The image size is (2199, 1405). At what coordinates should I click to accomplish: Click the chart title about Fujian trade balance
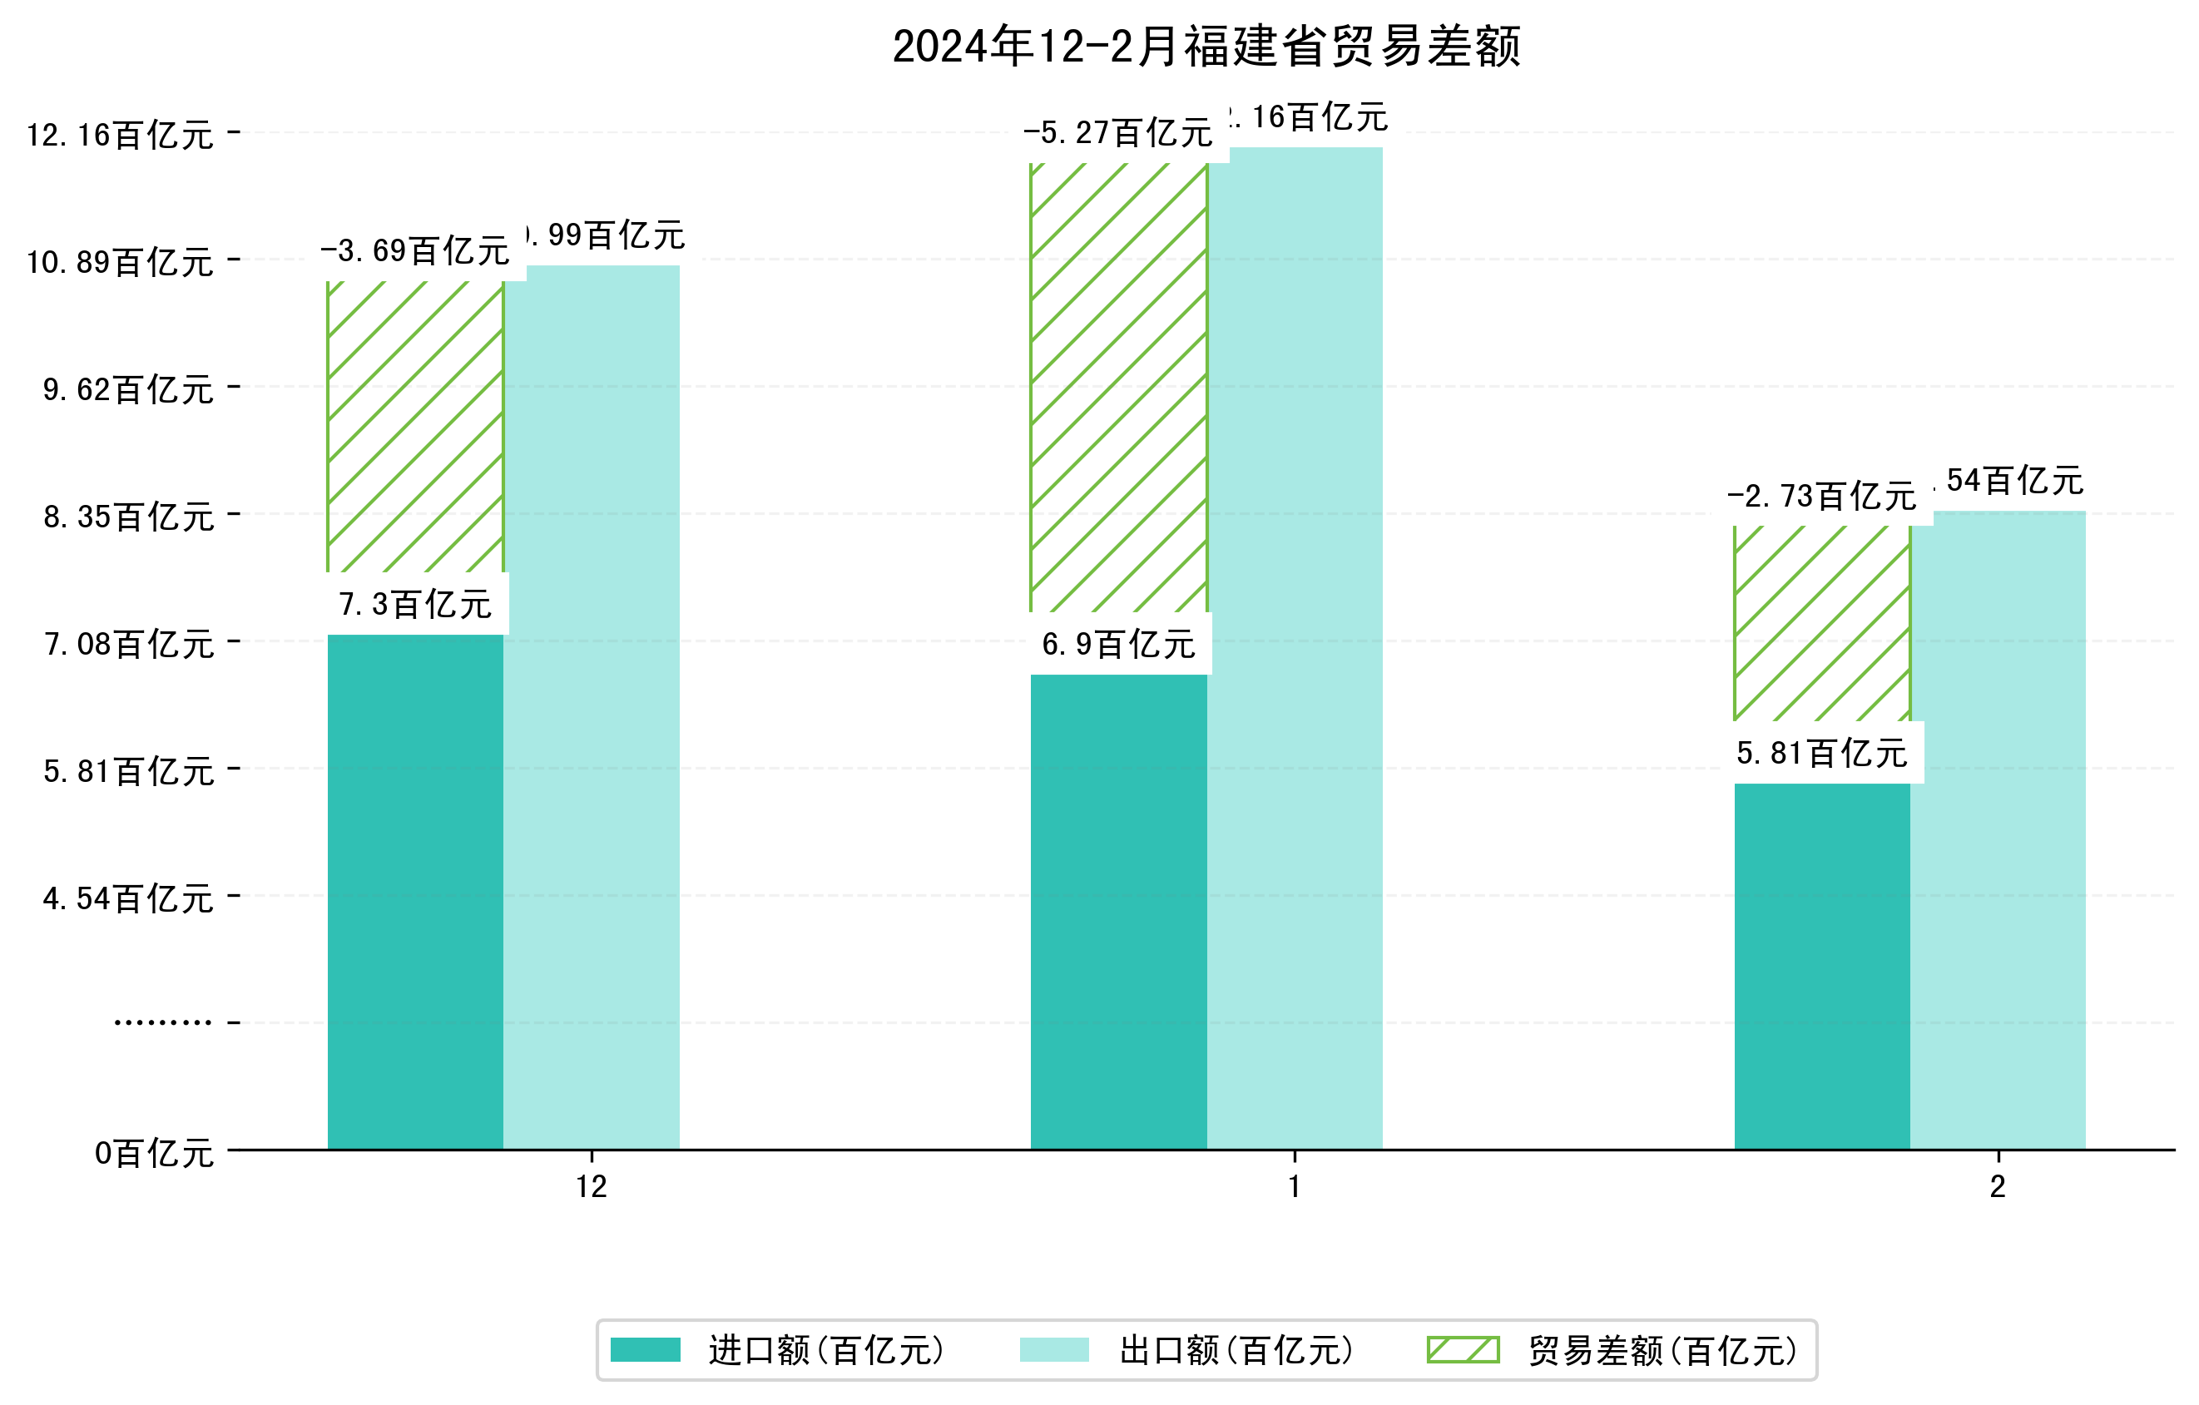(1206, 47)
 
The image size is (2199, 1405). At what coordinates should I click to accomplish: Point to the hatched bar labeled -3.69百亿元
(414, 427)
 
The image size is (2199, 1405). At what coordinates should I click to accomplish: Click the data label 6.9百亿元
(1119, 645)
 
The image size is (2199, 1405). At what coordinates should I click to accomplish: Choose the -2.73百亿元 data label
(1821, 497)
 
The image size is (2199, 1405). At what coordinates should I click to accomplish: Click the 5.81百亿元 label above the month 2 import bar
(1821, 753)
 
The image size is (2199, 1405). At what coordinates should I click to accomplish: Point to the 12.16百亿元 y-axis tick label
(120, 135)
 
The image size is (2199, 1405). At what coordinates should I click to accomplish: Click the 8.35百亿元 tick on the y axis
(129, 517)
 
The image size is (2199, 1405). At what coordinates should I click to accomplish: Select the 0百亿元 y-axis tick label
(154, 1153)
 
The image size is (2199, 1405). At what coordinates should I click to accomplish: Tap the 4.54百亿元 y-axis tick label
(129, 898)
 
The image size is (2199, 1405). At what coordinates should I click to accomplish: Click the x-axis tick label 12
(591, 1187)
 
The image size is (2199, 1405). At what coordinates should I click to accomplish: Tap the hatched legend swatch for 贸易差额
(1462, 1349)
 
